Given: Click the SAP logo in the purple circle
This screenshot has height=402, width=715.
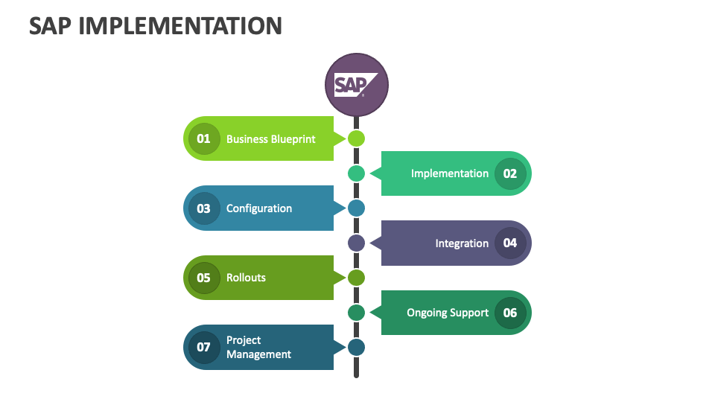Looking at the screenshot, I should [x=356, y=85].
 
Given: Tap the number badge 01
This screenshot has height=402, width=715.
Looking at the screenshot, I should [x=203, y=138].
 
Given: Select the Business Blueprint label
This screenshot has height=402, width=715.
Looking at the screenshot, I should [x=270, y=139].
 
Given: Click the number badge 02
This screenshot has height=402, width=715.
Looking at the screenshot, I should [x=510, y=173].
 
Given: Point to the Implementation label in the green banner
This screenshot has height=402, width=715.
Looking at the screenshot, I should [x=449, y=173].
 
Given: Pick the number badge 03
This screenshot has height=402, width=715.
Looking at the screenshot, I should [x=203, y=208].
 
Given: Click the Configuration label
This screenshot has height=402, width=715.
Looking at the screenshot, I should [x=259, y=208].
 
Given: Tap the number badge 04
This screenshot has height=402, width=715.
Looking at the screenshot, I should [x=510, y=243].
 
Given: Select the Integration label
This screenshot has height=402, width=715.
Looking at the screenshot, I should [x=462, y=243].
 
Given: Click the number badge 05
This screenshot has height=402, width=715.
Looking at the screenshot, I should [x=203, y=278].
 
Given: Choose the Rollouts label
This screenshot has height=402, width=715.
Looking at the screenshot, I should [x=246, y=278].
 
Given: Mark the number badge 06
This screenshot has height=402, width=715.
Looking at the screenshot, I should [x=510, y=313].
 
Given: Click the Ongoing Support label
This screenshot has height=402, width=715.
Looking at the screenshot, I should [x=448, y=313].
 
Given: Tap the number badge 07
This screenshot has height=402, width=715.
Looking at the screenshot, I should [x=203, y=347].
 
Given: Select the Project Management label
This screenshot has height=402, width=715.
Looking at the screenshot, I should [x=258, y=347].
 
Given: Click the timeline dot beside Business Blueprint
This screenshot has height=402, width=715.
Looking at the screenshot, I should [x=356, y=138].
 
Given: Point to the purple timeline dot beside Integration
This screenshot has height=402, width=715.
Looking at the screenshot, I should [x=356, y=243].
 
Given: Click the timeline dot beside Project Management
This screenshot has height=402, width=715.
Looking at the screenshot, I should [x=356, y=347].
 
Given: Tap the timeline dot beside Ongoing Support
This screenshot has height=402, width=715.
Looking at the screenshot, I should [x=356, y=313].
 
